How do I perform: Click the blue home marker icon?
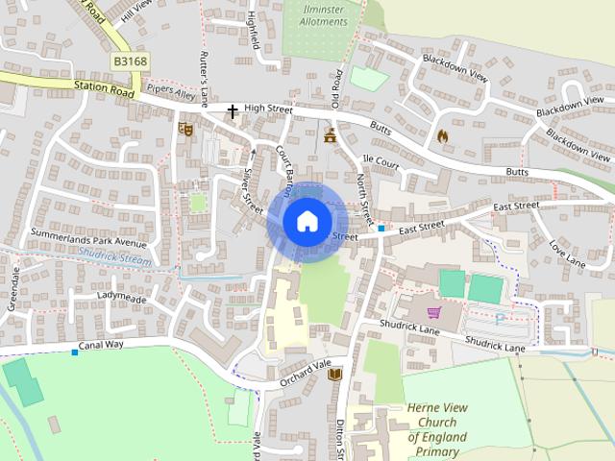tap(306, 221)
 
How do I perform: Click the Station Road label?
tap(104, 88)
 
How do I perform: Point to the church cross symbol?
tap(232, 111)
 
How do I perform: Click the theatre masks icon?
tap(185, 127)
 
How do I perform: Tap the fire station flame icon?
tap(442, 135)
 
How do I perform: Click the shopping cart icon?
tap(433, 312)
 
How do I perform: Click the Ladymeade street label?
tap(121, 297)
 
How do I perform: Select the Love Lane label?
tap(567, 254)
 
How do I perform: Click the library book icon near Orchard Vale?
tap(334, 375)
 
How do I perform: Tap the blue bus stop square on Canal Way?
tap(75, 352)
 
